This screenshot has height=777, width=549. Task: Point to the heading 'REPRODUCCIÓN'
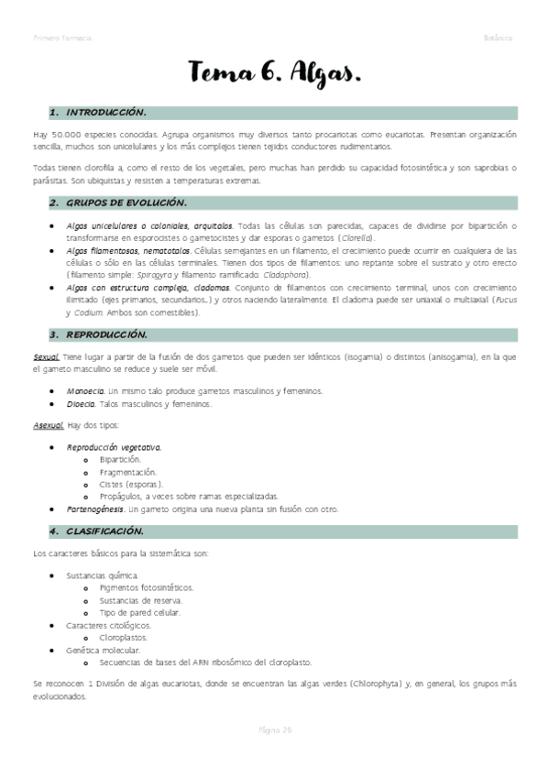107,334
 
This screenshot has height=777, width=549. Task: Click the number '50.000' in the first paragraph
63,135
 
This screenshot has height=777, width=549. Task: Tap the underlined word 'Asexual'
47,425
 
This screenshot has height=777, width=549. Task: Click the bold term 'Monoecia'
85,391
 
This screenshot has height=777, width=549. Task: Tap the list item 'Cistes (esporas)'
131,484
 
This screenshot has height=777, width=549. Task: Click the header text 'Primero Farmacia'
61,38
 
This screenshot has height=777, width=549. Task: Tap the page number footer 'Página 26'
274,728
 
